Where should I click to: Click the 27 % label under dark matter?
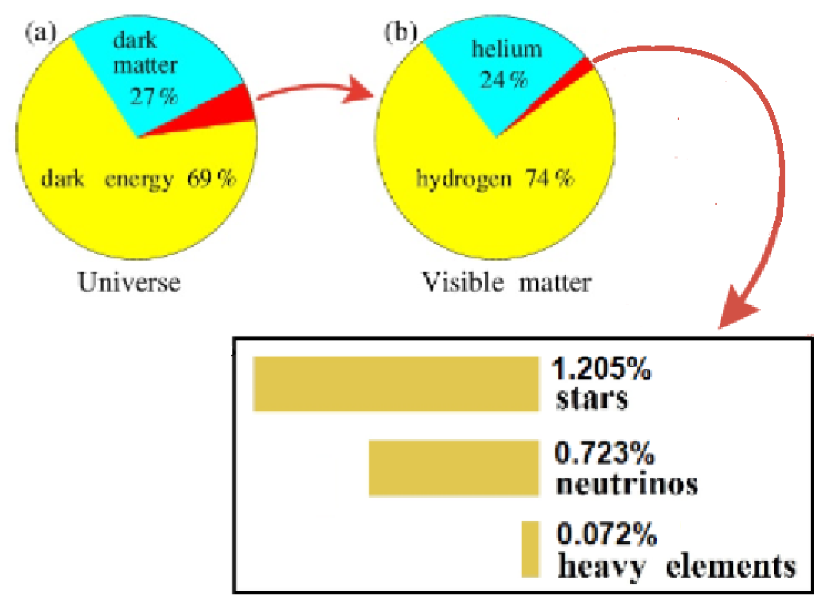[154, 96]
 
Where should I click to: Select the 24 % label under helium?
[504, 80]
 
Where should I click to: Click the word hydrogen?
[464, 180]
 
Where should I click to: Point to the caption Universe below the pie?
[129, 282]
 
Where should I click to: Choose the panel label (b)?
[401, 32]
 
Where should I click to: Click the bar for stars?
[396, 384]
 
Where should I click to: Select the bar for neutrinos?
[454, 468]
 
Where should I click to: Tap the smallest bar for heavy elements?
[530, 549]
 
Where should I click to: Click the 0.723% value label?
[604, 453]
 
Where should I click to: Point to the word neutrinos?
[626, 484]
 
